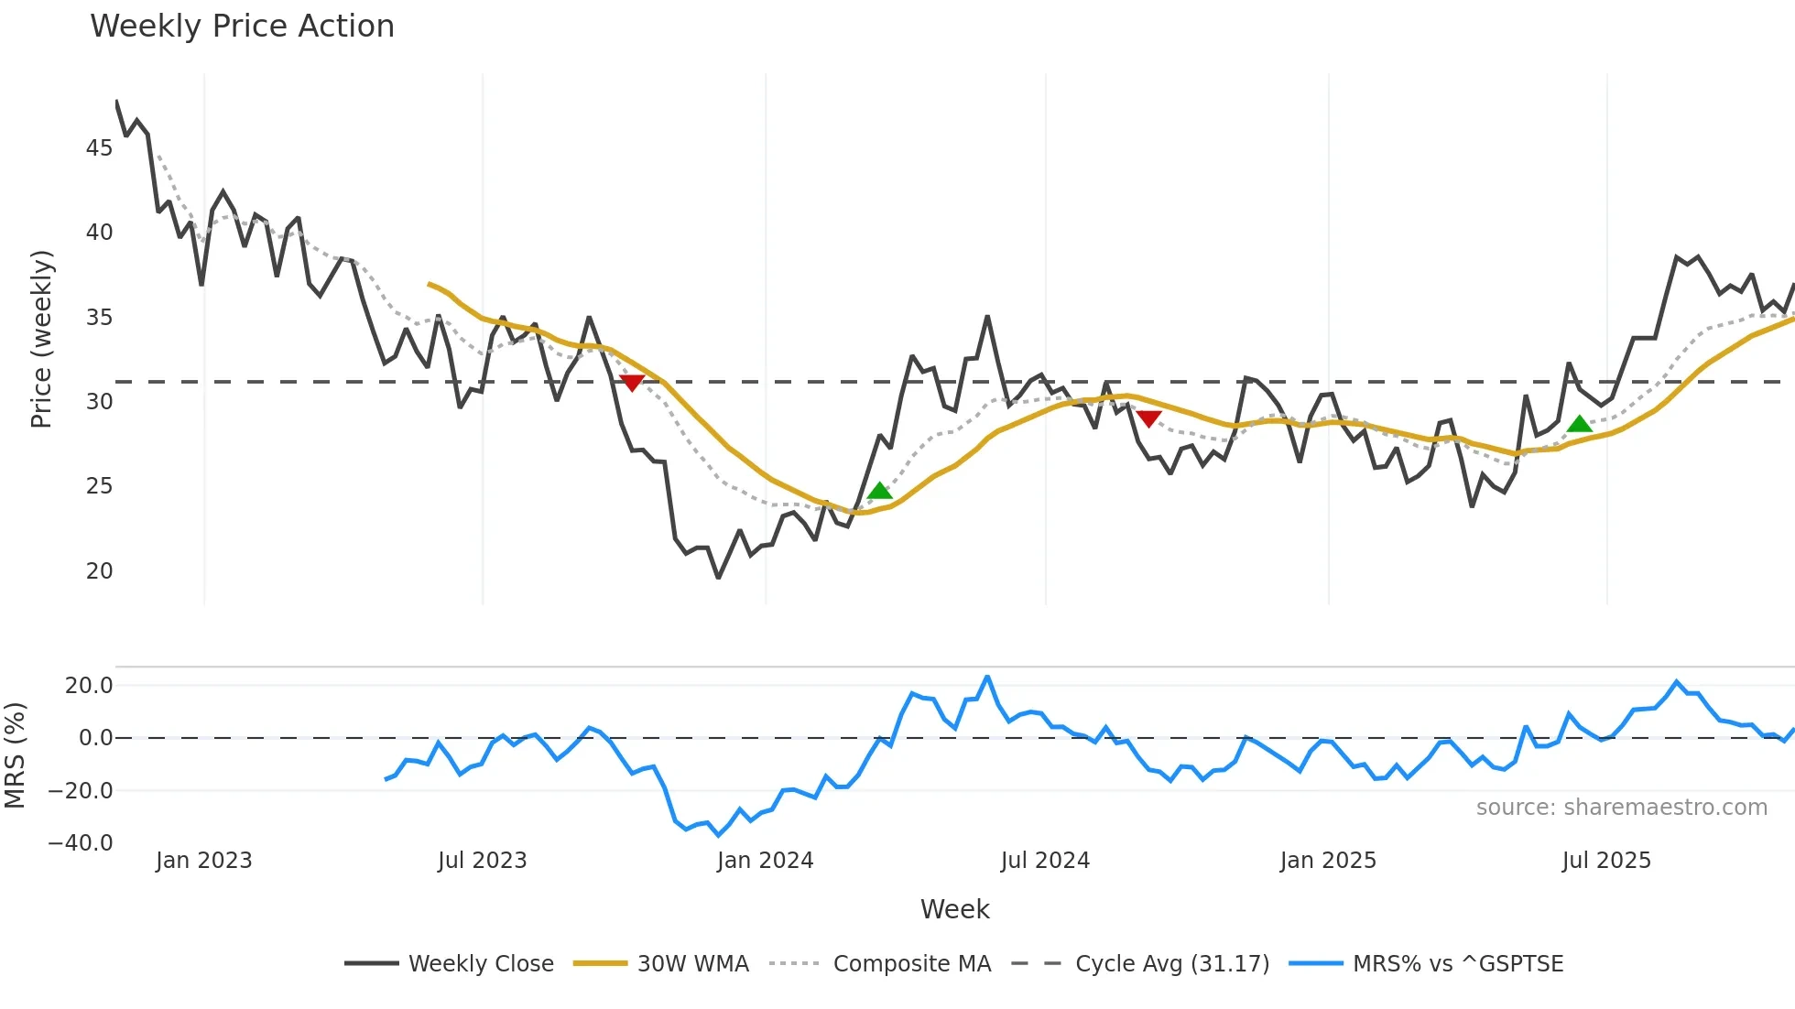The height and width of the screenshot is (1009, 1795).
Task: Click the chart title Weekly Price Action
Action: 242,27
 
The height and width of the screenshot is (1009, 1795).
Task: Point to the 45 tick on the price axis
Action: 100,148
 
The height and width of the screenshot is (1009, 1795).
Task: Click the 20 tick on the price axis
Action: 100,571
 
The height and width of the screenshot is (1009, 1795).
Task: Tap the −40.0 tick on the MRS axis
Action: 81,843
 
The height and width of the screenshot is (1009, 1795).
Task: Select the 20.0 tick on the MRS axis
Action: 89,686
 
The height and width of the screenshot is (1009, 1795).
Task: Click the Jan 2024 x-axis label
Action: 765,861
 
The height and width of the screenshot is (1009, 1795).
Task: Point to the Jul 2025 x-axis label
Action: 1606,861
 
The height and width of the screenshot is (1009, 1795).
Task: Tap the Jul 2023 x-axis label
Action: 482,861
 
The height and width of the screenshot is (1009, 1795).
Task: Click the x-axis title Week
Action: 954,909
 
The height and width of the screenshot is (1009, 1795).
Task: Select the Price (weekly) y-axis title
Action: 42,339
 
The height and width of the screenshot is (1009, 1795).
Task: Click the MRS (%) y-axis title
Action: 15,755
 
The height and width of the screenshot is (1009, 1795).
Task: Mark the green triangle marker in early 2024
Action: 879,492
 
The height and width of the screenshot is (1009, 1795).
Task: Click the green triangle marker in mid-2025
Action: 1579,424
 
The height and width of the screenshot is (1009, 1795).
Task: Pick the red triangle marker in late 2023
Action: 632,382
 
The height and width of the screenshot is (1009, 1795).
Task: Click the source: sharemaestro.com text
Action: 1621,808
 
